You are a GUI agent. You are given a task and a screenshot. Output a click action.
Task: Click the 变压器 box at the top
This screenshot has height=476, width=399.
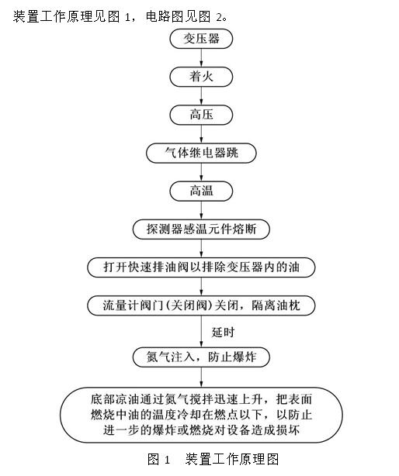pos(201,39)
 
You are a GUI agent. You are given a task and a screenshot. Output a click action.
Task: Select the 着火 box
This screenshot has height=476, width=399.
pos(201,77)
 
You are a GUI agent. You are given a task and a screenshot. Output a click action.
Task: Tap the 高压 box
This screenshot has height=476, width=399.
pos(201,115)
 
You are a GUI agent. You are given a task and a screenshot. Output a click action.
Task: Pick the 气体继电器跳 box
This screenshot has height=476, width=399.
pos(201,153)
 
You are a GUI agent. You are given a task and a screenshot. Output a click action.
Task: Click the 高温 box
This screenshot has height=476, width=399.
pos(201,191)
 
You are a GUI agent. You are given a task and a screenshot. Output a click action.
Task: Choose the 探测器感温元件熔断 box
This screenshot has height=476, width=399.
pos(201,229)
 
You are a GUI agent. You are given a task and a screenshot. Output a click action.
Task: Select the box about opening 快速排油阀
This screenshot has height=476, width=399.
pos(201,267)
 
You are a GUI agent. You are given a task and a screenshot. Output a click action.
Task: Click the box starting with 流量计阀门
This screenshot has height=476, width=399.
pos(201,305)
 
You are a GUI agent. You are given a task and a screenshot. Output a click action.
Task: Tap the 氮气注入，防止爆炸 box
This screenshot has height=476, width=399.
pos(201,357)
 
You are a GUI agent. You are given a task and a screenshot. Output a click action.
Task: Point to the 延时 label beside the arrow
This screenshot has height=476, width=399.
pos(223,332)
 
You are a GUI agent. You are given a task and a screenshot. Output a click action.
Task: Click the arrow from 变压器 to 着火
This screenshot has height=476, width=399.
pos(201,57)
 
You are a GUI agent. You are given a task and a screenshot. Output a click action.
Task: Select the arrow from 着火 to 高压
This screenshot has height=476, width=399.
pos(201,96)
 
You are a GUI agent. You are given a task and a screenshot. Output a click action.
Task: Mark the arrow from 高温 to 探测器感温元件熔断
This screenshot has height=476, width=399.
pos(201,210)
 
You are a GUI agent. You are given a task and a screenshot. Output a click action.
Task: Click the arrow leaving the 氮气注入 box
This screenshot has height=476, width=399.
pos(201,377)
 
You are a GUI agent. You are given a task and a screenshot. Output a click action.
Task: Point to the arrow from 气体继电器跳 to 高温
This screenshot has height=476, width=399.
pos(201,172)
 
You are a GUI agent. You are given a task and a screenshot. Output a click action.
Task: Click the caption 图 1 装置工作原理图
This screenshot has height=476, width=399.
pos(213,459)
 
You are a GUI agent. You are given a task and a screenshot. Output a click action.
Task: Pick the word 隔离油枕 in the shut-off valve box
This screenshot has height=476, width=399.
pos(276,305)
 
